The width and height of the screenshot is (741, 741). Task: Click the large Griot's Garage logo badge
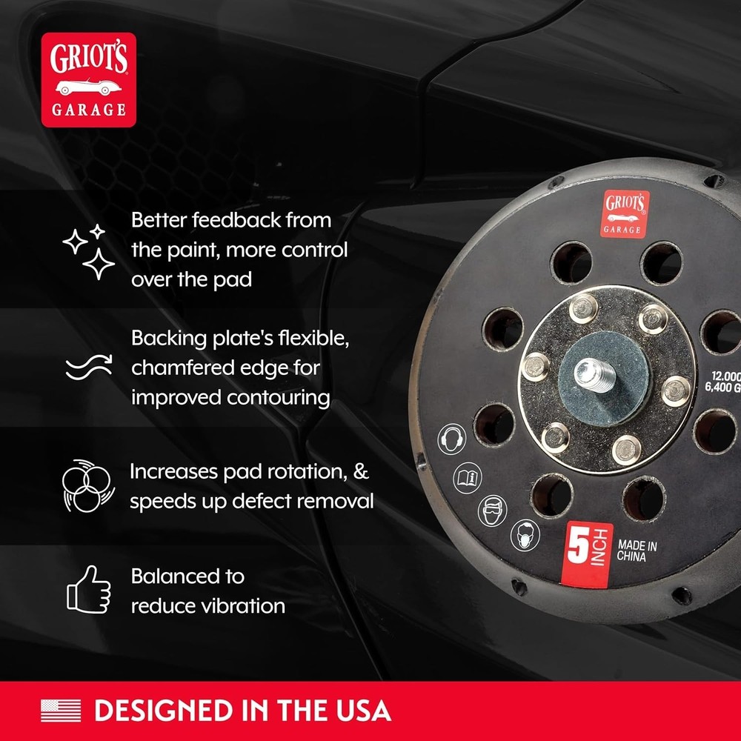point(88,79)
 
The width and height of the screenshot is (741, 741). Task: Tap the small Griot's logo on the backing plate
point(625,213)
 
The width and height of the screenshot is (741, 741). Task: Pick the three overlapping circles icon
point(86,487)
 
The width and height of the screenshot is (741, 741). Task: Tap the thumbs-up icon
point(88,589)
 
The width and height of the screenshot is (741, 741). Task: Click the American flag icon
point(61,711)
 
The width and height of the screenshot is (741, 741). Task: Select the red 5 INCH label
point(588,551)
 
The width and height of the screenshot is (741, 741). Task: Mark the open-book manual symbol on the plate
point(467,475)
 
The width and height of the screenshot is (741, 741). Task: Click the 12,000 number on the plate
point(725,375)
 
